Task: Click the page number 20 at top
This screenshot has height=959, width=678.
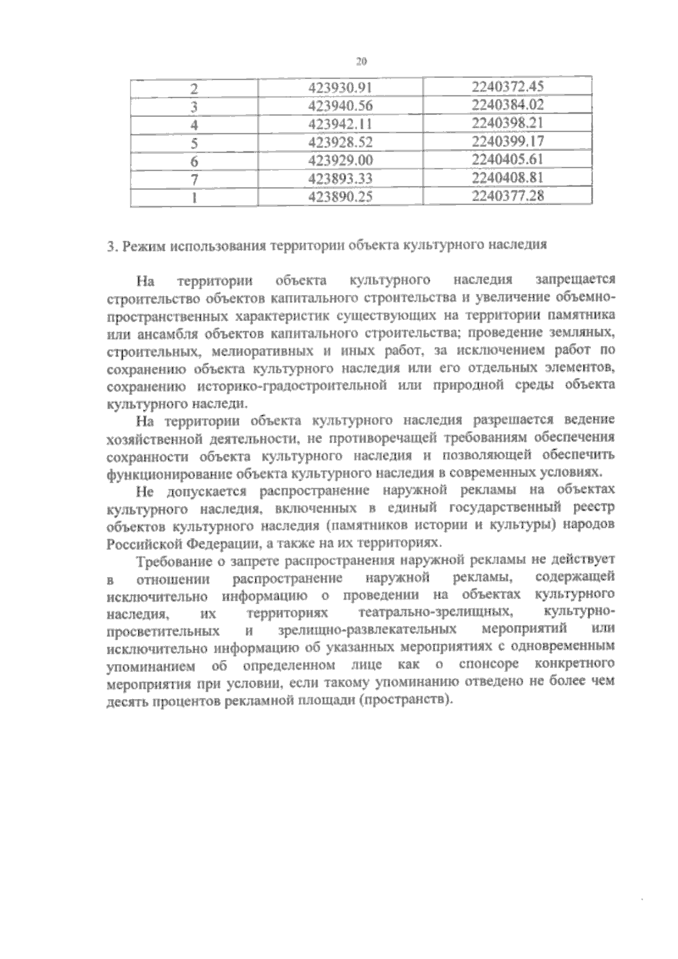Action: [362, 61]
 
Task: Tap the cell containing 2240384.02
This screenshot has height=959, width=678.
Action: [507, 105]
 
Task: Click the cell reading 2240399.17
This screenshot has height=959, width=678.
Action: [507, 141]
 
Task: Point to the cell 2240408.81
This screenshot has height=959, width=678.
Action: [507, 177]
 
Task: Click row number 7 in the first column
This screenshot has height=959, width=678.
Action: [194, 178]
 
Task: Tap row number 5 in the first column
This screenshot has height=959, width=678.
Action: [194, 142]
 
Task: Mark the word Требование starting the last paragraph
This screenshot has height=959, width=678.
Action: [167, 561]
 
